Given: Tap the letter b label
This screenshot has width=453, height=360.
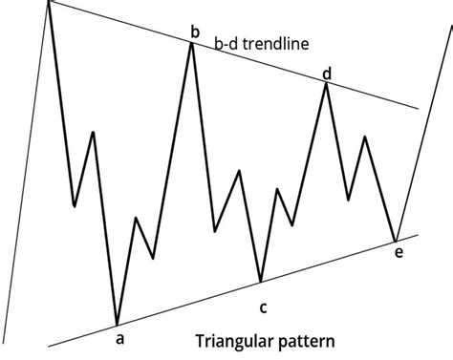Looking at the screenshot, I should [194, 33].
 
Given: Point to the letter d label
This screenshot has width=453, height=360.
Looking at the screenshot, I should [327, 73].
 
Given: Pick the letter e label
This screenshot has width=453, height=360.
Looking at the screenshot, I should [399, 252].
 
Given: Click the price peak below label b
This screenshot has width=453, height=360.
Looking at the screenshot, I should [193, 44].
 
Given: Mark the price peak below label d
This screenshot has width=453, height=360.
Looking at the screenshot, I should [327, 84].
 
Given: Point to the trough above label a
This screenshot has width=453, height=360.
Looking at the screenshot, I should [117, 325].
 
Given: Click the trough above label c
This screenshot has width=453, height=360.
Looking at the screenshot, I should [260, 282].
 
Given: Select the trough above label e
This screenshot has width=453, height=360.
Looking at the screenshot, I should [395, 240].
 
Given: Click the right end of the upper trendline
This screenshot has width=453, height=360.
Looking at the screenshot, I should [418, 108].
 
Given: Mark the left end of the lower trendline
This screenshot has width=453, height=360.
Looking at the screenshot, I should [47, 345].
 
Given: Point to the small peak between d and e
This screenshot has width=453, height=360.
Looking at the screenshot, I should [364, 137].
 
